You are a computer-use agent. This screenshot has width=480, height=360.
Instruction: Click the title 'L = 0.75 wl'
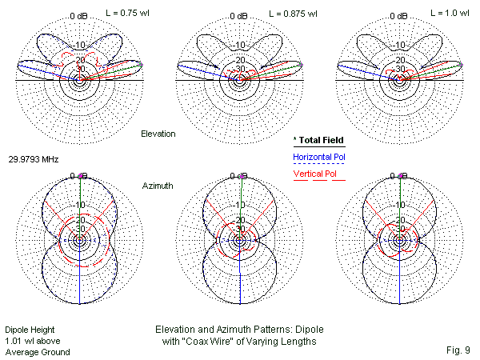click(x=132, y=14)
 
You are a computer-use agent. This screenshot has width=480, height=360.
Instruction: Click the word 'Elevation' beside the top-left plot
click(x=158, y=134)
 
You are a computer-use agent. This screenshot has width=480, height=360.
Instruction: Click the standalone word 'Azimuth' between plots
click(x=157, y=185)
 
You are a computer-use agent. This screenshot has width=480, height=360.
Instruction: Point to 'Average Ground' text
click(x=37, y=352)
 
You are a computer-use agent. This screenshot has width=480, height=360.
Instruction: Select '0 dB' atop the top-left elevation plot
click(x=79, y=16)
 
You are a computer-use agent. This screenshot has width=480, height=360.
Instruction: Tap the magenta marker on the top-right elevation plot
click(x=462, y=64)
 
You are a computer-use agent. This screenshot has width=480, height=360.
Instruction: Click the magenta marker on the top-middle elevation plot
click(x=302, y=64)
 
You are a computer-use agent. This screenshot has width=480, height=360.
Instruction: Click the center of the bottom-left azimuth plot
click(x=79, y=240)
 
